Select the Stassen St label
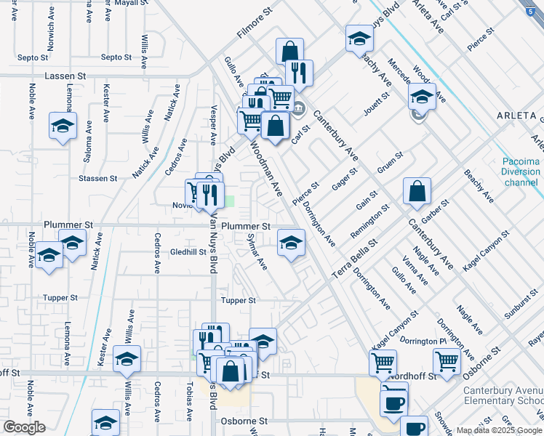tap(99, 178)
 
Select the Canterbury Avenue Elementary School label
tap(503, 395)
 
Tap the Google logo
tap(24, 428)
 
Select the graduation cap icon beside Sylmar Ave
tap(291, 243)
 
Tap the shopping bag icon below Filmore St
tap(289, 52)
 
